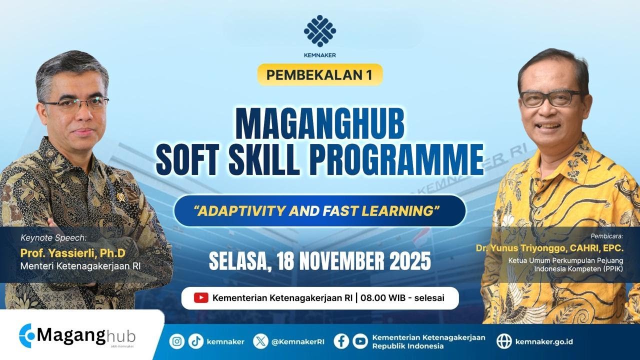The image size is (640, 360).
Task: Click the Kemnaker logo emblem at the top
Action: (x=320, y=30)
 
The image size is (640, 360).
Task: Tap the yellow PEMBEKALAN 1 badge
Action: (x=320, y=74)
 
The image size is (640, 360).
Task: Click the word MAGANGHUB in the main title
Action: (x=320, y=126)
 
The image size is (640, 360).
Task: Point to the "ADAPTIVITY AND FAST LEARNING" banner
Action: (x=320, y=210)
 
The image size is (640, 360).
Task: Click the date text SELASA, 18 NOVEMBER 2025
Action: (x=320, y=260)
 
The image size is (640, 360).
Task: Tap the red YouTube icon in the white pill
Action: (x=201, y=298)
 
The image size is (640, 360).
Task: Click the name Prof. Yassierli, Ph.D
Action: (x=72, y=254)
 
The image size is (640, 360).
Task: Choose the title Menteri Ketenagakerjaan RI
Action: (x=80, y=266)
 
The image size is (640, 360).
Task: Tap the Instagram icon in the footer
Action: (x=177, y=341)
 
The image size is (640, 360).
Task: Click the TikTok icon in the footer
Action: (x=196, y=341)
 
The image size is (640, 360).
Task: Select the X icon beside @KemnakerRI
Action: (x=260, y=341)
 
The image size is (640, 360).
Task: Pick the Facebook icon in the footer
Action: (x=341, y=341)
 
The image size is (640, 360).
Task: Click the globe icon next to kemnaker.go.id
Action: (x=504, y=341)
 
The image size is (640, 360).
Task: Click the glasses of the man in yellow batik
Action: (x=550, y=98)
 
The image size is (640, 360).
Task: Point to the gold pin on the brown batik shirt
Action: (x=120, y=196)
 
